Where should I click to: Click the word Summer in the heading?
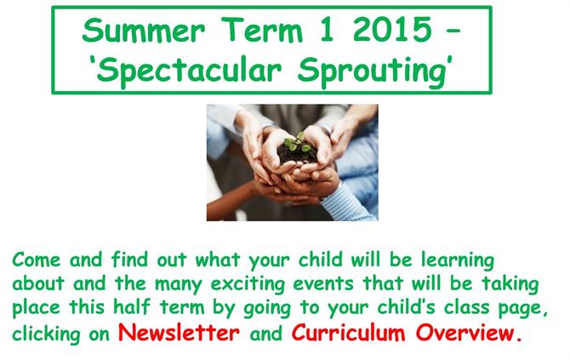[144, 30]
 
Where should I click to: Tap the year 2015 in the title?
[392, 30]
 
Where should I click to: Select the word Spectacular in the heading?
[189, 71]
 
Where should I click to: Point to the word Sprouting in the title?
[372, 71]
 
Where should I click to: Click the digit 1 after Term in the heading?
[327, 30]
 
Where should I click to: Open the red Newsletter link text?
[179, 332]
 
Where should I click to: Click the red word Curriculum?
[348, 332]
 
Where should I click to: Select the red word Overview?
[465, 332]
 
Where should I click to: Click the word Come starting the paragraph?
[37, 260]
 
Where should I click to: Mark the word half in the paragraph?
[132, 306]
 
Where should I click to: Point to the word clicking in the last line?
[46, 334]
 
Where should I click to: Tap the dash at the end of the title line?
[453, 31]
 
